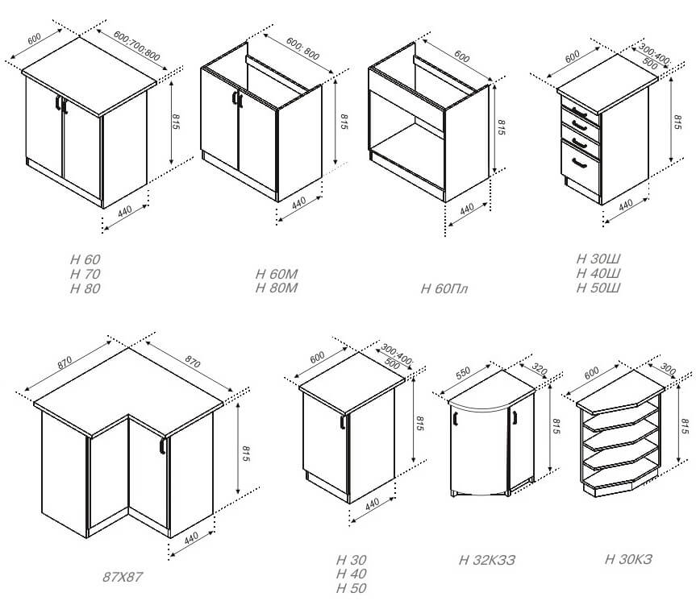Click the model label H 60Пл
coord(444,289)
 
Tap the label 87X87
coord(123,577)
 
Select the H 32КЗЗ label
coord(487,560)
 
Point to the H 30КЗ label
coord(629,559)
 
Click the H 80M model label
coord(277,288)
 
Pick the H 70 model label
coord(85,274)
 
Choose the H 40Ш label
coord(598,273)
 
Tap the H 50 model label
coord(352,588)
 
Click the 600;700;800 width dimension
coord(137,46)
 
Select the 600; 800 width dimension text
coord(302,48)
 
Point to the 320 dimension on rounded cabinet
coord(540,369)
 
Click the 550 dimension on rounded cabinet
coord(462,372)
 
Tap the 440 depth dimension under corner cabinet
coord(191,538)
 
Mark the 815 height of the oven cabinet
coord(502,127)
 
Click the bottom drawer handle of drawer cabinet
coord(579,163)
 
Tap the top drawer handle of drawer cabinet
coord(580,112)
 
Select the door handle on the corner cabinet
coord(162,445)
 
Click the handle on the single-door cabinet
coord(343,421)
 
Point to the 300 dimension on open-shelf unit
coord(668,369)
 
